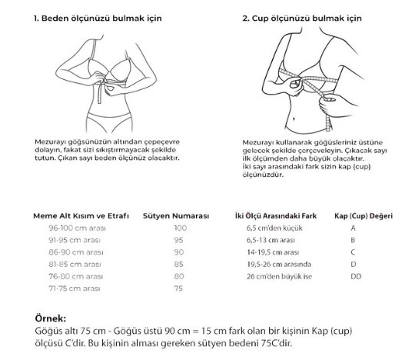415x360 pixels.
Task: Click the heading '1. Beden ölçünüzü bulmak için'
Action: (98, 18)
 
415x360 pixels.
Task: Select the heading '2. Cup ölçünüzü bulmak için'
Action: (302, 18)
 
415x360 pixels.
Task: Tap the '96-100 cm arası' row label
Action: (77, 228)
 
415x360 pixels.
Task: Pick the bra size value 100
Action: (181, 228)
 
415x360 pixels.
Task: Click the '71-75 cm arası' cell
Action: (75, 288)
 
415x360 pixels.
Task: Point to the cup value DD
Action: (356, 277)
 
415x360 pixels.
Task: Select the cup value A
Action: (353, 228)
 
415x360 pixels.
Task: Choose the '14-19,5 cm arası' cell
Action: (273, 252)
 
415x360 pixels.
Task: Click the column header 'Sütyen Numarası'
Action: (176, 216)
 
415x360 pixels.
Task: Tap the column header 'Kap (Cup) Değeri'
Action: (364, 216)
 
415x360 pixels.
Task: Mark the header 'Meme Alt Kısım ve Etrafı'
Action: (81, 216)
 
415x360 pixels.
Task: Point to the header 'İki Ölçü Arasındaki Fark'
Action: (276, 216)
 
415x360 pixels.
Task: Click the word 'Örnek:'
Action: (50, 318)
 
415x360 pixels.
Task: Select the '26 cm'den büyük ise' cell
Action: (279, 277)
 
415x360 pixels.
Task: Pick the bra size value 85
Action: (178, 265)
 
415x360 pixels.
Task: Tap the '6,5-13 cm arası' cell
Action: (271, 240)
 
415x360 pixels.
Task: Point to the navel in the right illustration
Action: (294, 119)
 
